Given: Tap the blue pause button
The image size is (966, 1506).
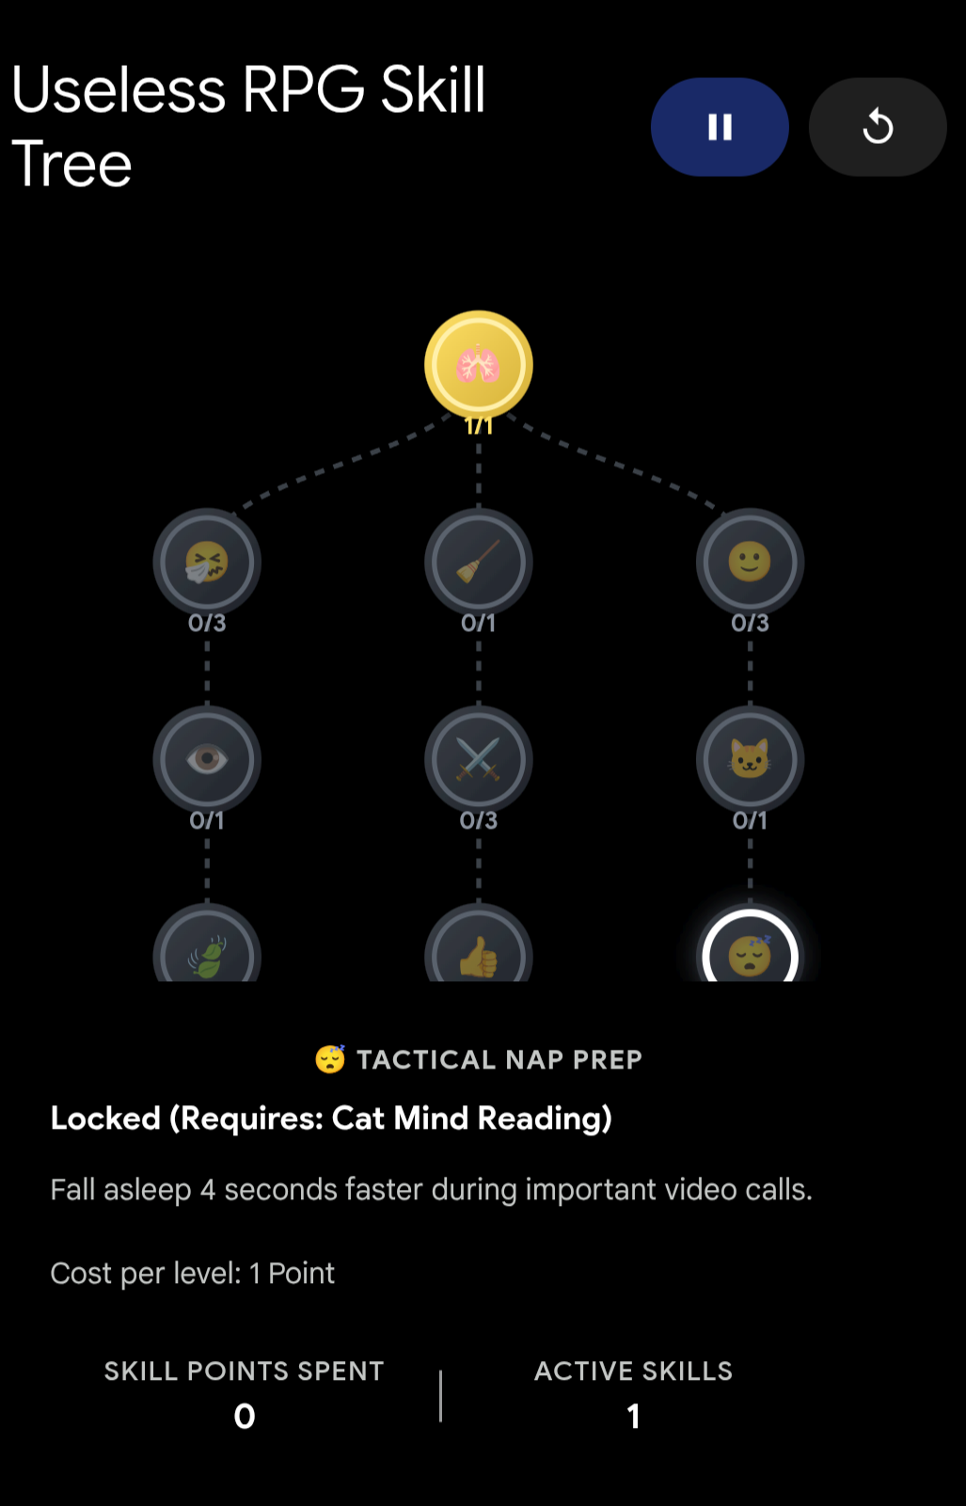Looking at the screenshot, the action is point(720,127).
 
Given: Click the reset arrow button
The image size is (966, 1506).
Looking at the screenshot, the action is point(878,127).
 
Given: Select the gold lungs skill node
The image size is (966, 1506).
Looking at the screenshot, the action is point(479,365).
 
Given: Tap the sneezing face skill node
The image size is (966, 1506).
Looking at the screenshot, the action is point(207,563).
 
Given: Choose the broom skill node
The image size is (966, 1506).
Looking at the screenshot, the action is point(479,563).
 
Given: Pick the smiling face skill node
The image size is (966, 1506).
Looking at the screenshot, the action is point(751,563).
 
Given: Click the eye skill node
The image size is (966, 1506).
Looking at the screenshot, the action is point(207,760).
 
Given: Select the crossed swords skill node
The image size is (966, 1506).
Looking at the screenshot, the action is point(479,760).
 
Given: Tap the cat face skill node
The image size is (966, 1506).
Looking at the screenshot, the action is point(751,760).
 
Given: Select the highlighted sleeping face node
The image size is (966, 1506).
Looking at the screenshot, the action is point(751,948).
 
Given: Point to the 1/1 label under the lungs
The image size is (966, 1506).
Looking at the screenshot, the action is point(479,425).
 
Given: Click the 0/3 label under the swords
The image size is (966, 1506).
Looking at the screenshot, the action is point(479,820).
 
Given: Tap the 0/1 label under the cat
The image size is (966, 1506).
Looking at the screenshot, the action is point(751,820).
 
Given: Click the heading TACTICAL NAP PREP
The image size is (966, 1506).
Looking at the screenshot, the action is point(499,1059).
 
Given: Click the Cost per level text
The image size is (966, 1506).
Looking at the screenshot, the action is point(192,1274).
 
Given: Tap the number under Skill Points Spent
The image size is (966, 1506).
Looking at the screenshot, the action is point(244,1416).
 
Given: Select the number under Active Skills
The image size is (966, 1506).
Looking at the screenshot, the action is point(633,1416).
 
